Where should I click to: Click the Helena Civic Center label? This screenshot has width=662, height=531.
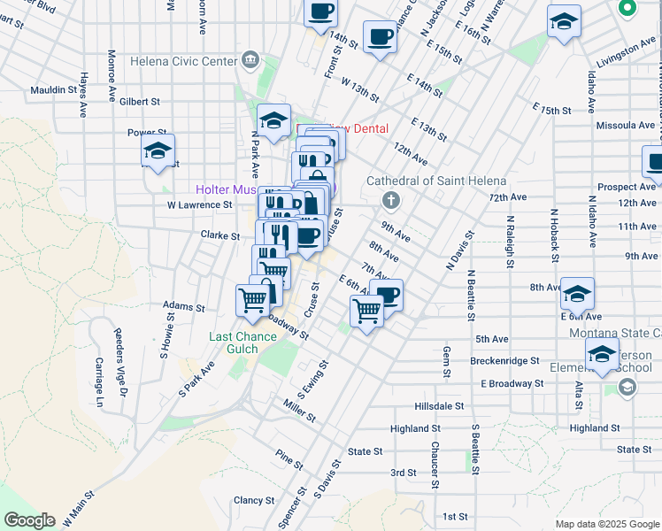tap(183, 61)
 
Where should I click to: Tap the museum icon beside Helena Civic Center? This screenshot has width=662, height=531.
tap(250, 61)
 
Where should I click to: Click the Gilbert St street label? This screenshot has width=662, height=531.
tap(140, 102)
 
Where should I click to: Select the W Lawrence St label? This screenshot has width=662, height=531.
tap(200, 204)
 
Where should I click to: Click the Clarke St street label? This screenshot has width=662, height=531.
tap(220, 236)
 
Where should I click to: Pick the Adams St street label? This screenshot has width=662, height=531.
tap(183, 308)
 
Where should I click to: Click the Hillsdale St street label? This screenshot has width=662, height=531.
tap(440, 405)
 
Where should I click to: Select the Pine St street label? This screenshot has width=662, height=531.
tap(289, 460)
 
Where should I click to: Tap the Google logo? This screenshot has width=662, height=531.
tap(29, 520)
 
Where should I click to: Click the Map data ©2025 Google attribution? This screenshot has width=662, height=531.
tap(606, 524)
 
